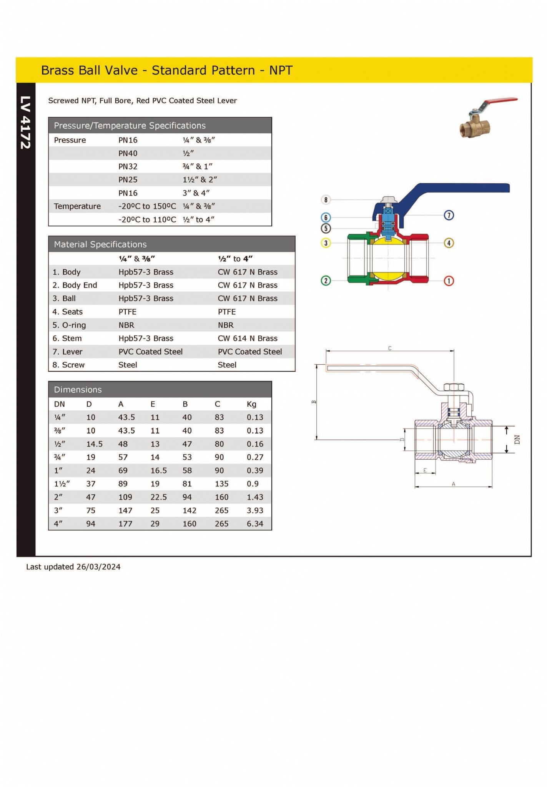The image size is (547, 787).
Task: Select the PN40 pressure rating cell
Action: [x=128, y=153]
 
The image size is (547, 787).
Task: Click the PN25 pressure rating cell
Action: [x=128, y=180]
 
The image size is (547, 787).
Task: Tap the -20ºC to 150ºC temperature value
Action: [x=147, y=206]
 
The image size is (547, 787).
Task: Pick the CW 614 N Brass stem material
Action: [x=247, y=339]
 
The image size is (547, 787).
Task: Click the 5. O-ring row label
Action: [x=69, y=325]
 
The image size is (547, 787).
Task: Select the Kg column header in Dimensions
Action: [x=251, y=404]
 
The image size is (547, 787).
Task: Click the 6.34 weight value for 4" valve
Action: [x=255, y=524]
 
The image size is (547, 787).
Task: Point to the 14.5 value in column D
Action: [x=94, y=444]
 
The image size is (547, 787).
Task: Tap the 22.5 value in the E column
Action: [x=158, y=497]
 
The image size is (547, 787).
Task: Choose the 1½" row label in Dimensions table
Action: [x=62, y=484]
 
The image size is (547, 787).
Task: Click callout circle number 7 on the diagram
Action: [x=449, y=215]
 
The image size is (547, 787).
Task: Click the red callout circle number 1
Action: [x=449, y=281]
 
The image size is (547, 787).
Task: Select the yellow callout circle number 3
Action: [x=326, y=243]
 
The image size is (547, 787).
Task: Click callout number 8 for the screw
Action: [x=326, y=200]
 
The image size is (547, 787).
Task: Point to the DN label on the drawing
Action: [x=517, y=440]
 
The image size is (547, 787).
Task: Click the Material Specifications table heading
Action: [x=100, y=244]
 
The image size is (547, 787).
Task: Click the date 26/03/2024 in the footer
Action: [x=98, y=567]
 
